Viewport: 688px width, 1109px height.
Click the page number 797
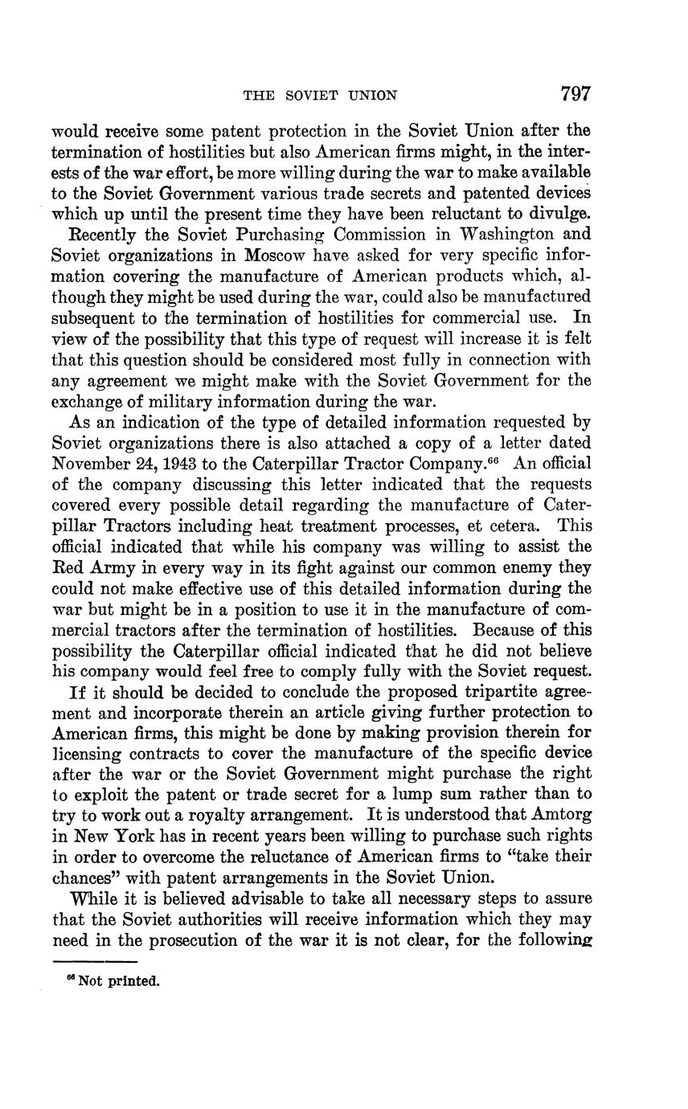pyautogui.click(x=575, y=94)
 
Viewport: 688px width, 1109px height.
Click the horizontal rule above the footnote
pyautogui.click(x=95, y=961)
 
